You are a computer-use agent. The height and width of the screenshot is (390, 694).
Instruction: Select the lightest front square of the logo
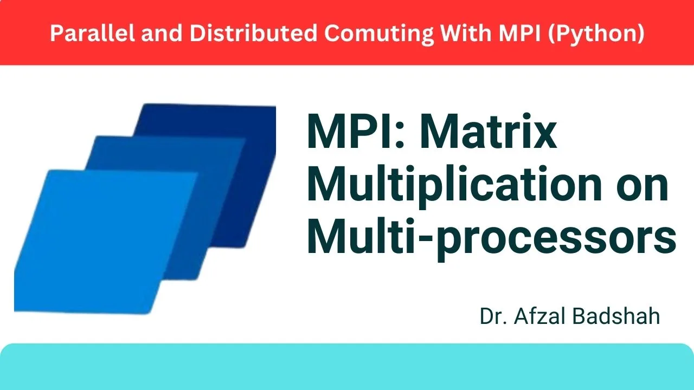pyautogui.click(x=103, y=238)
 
